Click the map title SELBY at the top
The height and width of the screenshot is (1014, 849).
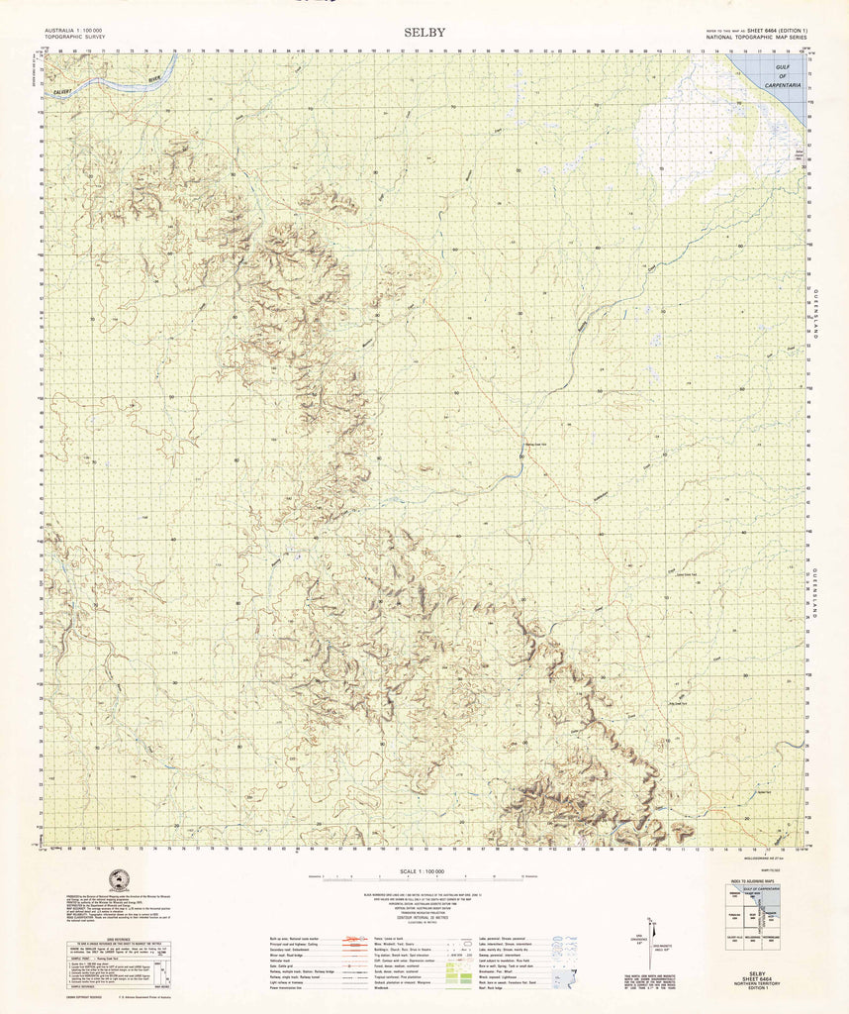pos(424,32)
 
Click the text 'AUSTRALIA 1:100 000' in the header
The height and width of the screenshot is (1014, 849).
pos(73,31)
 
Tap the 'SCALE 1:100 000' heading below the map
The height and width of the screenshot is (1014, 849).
pos(425,870)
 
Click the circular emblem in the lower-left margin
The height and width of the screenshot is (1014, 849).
pos(120,879)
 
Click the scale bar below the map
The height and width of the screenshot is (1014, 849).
pos(425,878)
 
